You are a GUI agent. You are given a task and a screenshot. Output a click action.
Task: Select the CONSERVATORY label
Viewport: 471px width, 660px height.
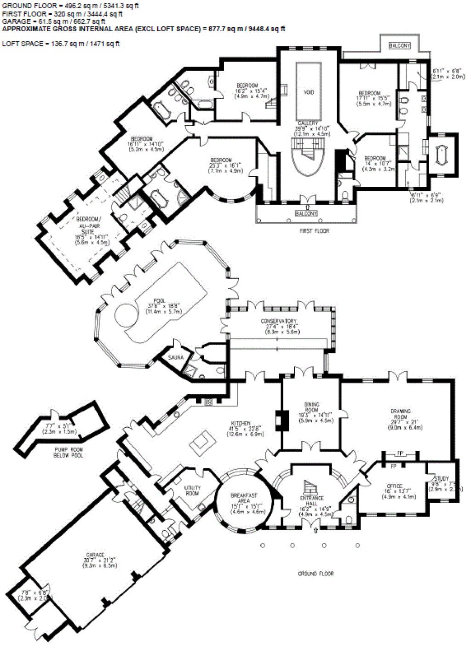point(278,321)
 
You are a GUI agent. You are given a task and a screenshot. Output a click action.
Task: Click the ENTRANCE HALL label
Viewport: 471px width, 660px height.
point(312,501)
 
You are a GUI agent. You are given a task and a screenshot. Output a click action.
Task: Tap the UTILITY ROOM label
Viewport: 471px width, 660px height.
point(192,491)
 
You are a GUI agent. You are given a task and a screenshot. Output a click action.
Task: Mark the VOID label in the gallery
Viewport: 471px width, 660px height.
point(309,92)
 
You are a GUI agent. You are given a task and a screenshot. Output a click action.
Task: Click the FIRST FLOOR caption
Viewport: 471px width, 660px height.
point(315,231)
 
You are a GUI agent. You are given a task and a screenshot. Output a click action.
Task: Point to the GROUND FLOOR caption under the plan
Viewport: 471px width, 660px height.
point(316,574)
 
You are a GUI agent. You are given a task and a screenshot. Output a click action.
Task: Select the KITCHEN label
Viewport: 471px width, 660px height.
point(241,423)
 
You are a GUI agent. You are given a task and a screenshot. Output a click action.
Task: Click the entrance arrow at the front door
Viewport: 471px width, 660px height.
point(316,530)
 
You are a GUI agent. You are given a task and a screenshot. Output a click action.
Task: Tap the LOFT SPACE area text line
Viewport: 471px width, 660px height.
point(61,44)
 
